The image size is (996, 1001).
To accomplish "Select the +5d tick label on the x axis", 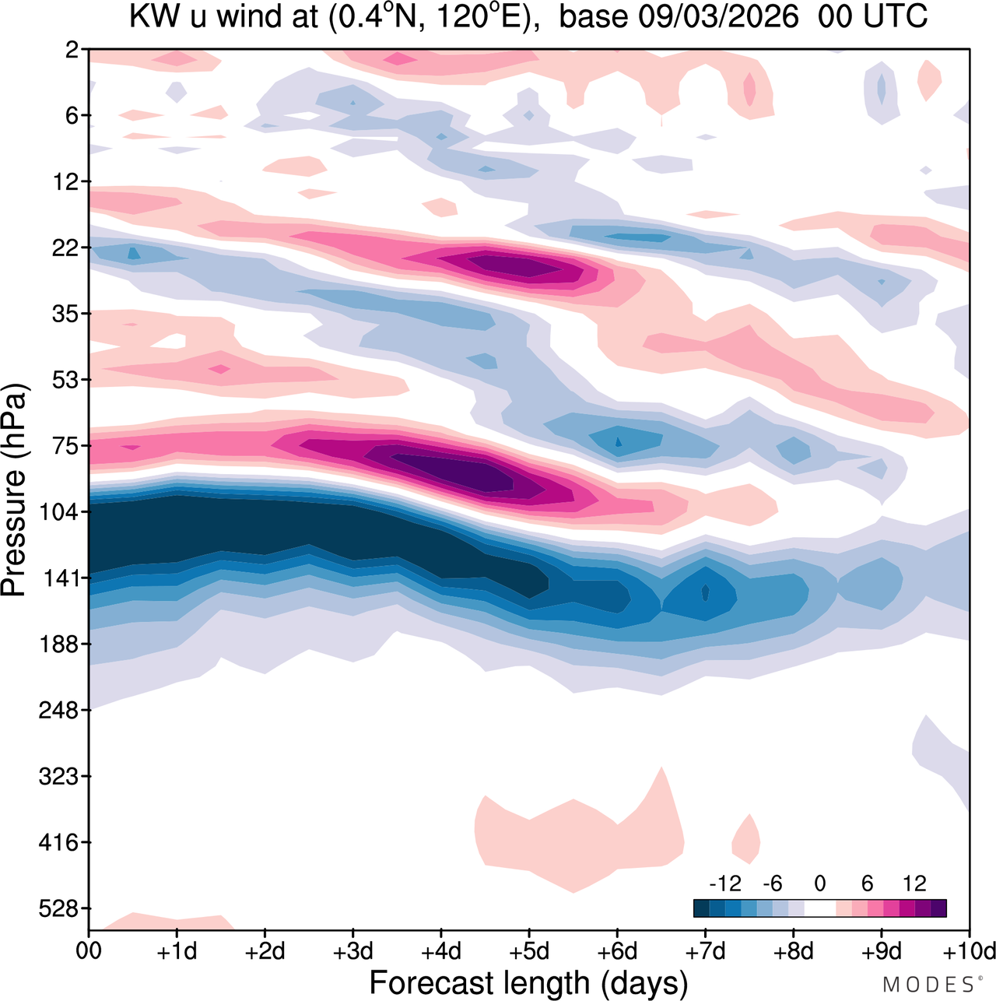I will coord(528,951).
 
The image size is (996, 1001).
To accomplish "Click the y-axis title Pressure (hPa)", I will coord(14,490).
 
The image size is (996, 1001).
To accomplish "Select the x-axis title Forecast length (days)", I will coord(528,982).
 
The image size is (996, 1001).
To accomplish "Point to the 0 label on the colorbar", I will coord(819,883).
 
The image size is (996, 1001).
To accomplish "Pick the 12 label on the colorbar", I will coord(915,883).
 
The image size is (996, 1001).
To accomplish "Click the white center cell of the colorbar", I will coord(819,908).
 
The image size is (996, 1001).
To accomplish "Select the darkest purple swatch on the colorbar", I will coord(938,908).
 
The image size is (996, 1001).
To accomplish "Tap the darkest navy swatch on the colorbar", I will coord(701,908).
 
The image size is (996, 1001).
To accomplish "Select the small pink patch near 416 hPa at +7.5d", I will coord(746,838).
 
